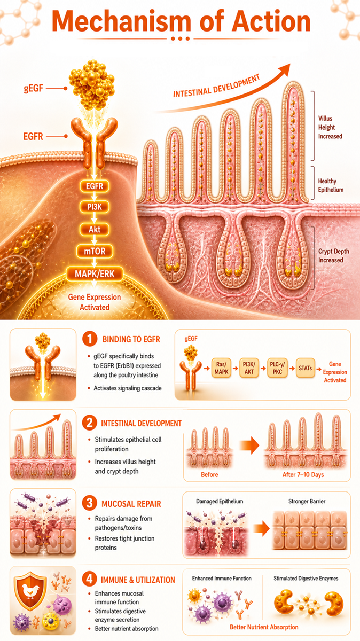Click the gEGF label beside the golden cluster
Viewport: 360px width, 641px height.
tap(34, 89)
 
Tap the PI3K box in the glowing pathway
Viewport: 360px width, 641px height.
tap(95, 207)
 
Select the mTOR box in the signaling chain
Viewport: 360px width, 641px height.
tap(95, 251)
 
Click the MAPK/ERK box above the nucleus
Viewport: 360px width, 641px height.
tap(95, 274)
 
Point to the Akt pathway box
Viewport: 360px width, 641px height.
tap(95, 229)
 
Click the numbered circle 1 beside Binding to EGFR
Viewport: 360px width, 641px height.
tap(90, 339)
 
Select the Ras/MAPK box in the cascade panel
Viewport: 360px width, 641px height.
tap(221, 368)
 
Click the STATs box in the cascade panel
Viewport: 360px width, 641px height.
tap(306, 368)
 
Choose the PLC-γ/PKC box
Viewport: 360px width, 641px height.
tap(277, 368)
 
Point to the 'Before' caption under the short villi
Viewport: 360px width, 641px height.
tap(209, 474)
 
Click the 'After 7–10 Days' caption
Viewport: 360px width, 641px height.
tap(303, 474)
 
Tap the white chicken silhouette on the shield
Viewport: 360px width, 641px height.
tap(30, 591)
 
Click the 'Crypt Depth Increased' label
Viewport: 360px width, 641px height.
tap(334, 255)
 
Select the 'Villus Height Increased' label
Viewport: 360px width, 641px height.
tap(330, 127)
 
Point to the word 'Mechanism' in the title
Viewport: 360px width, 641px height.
tap(121, 21)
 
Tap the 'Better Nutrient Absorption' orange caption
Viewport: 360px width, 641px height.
tap(264, 627)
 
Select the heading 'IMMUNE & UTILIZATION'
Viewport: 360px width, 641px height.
tap(138, 580)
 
